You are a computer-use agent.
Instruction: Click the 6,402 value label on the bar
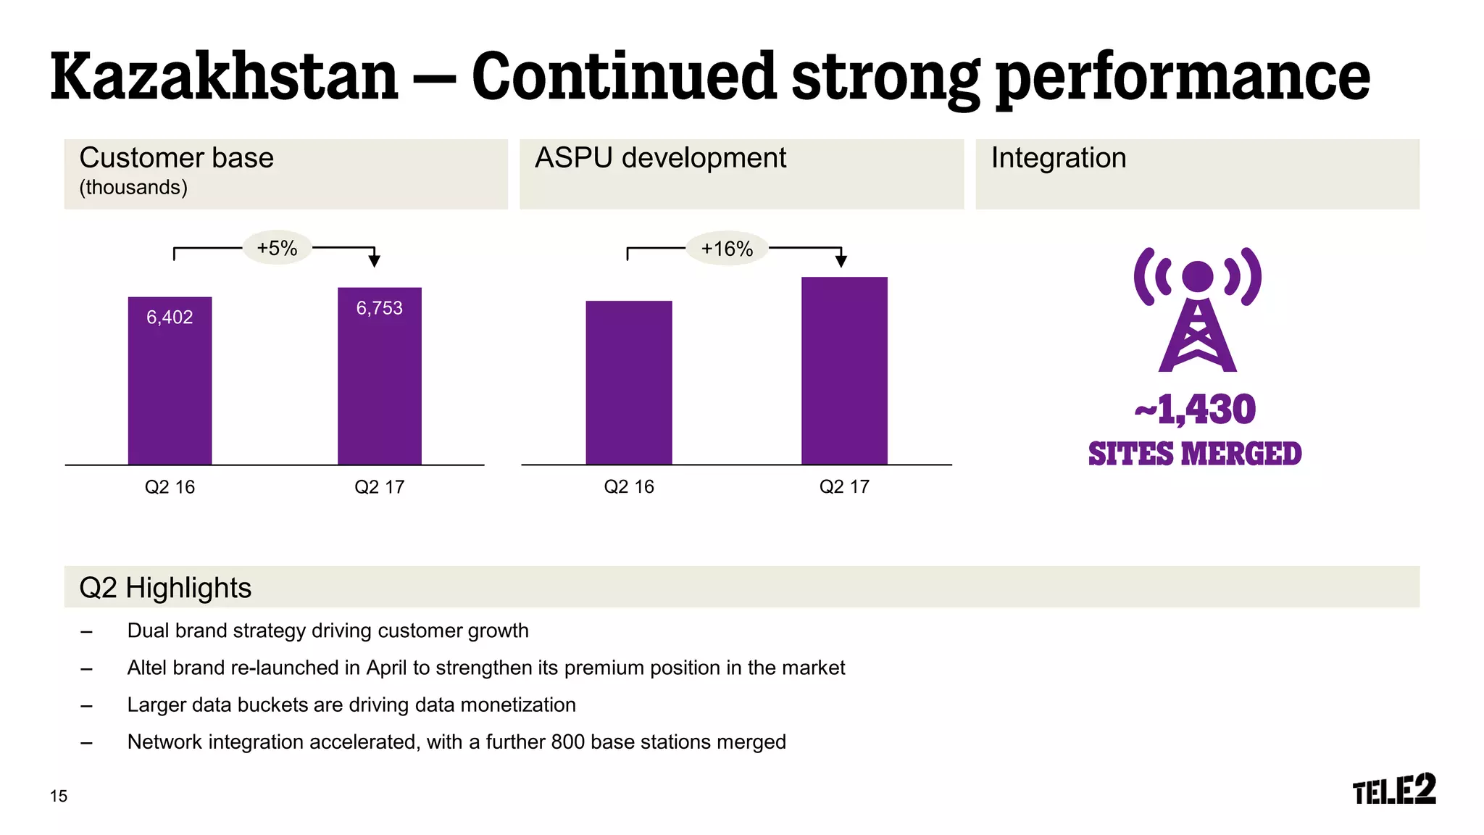tap(170, 317)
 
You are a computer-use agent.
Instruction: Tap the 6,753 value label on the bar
tap(379, 308)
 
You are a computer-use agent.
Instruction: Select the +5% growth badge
tap(277, 249)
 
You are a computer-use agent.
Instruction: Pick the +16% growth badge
tap(727, 249)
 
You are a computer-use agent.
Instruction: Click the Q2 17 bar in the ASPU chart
tap(844, 370)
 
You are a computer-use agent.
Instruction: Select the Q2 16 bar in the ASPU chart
tap(628, 382)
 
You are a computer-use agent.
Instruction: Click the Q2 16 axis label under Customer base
tap(170, 487)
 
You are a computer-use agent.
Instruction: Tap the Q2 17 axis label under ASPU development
tap(844, 487)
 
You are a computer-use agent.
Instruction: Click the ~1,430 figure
tap(1196, 410)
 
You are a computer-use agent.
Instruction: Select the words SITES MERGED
tap(1195, 454)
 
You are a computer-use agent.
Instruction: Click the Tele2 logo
tap(1393, 789)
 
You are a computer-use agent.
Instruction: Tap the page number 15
tap(59, 796)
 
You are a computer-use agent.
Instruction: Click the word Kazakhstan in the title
tap(225, 77)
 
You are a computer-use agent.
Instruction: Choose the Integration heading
tap(1058, 158)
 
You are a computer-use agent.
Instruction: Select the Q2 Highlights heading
tap(165, 588)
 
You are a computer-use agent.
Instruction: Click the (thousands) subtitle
tap(133, 188)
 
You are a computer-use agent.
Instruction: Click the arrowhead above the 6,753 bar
tap(374, 260)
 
